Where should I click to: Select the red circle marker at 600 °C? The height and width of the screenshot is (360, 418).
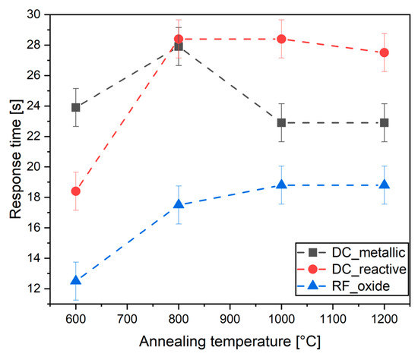click(75, 191)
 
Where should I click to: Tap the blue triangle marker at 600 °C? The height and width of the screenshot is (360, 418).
click(75, 280)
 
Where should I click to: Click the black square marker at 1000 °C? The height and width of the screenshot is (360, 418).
click(281, 122)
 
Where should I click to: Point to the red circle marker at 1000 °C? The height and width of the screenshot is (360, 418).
click(281, 39)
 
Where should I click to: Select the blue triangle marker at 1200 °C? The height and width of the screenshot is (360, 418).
click(385, 185)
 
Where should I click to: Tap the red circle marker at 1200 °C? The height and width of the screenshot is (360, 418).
click(385, 52)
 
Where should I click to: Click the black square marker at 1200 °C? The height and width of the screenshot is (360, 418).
click(385, 122)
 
